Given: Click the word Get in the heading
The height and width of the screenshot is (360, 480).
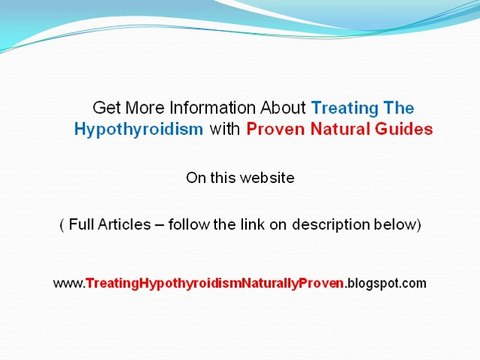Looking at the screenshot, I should pos(105,107).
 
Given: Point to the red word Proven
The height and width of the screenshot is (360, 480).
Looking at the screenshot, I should pos(274,129).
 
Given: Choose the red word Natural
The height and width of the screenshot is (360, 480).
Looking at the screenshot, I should pos(338,129).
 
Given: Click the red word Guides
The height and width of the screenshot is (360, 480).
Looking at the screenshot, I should pos(403,129).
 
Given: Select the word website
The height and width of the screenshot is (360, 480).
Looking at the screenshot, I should pos(268,178).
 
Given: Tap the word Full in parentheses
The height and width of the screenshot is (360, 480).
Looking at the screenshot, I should pos(83,225).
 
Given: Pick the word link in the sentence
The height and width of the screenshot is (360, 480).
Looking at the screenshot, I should pos(249,225).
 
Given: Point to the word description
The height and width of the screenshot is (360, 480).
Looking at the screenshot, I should pos(320,225).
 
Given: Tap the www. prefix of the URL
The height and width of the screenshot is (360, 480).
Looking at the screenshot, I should pos(68,284).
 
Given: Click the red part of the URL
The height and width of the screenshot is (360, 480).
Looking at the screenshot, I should pos(214,284).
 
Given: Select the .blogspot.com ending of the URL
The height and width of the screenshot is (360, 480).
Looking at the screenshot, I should pos(386,284).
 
